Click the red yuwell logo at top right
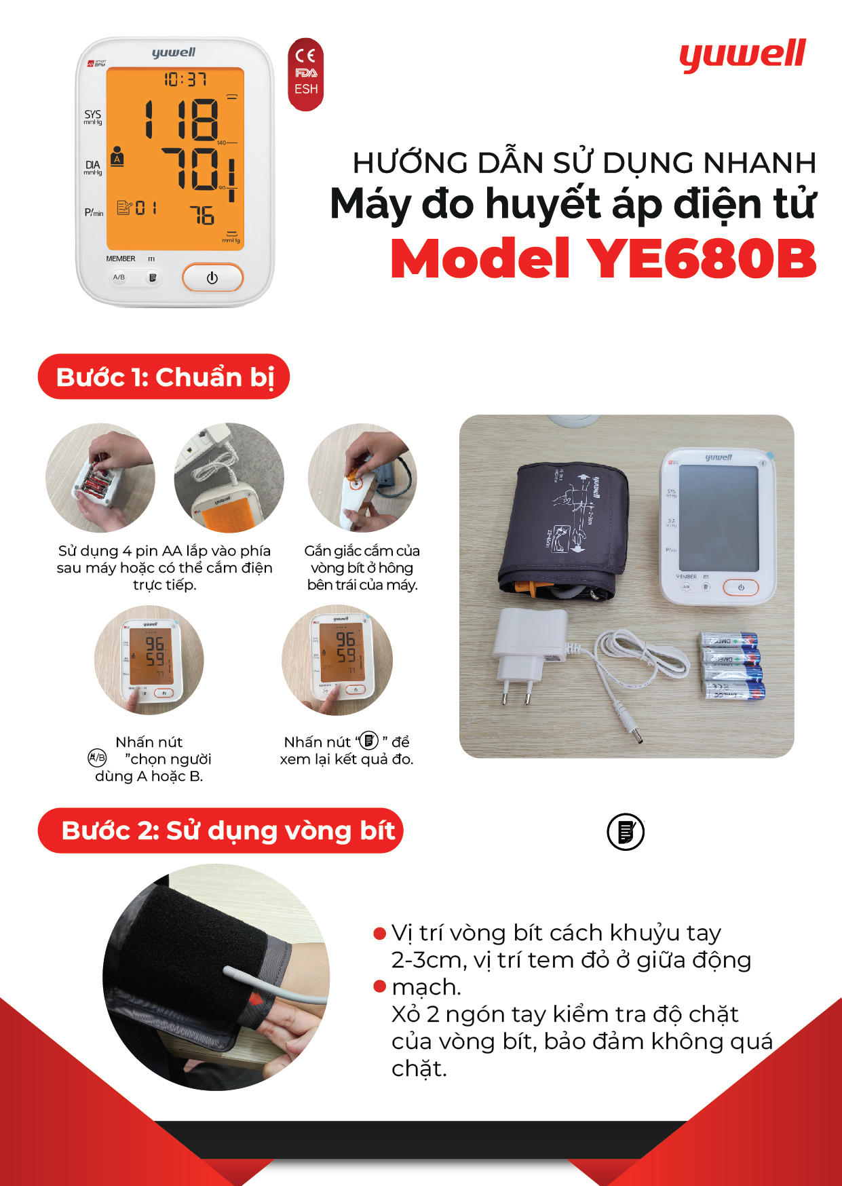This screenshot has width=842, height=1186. pos(742,56)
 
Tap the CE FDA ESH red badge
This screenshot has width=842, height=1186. pos(305,74)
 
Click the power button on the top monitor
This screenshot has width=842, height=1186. pos(212,278)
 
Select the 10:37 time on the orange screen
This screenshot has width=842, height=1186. pos(185,79)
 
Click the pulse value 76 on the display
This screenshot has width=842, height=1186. pos(202,216)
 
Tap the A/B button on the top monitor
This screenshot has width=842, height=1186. pos(119,277)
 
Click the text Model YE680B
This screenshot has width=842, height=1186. pos(603,259)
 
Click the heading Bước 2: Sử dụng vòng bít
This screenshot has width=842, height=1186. pos(221,830)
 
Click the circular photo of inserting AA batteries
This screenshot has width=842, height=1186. pos(100,478)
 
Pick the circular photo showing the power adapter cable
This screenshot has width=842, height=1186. pos(229,478)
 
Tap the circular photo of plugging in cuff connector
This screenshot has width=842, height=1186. pos(362,478)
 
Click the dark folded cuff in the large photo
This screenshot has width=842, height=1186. pos(563,529)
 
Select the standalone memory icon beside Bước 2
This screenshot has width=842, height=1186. pos(625,832)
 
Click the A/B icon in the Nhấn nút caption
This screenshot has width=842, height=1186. pos(97,758)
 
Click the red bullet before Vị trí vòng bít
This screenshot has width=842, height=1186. pos(380,934)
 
